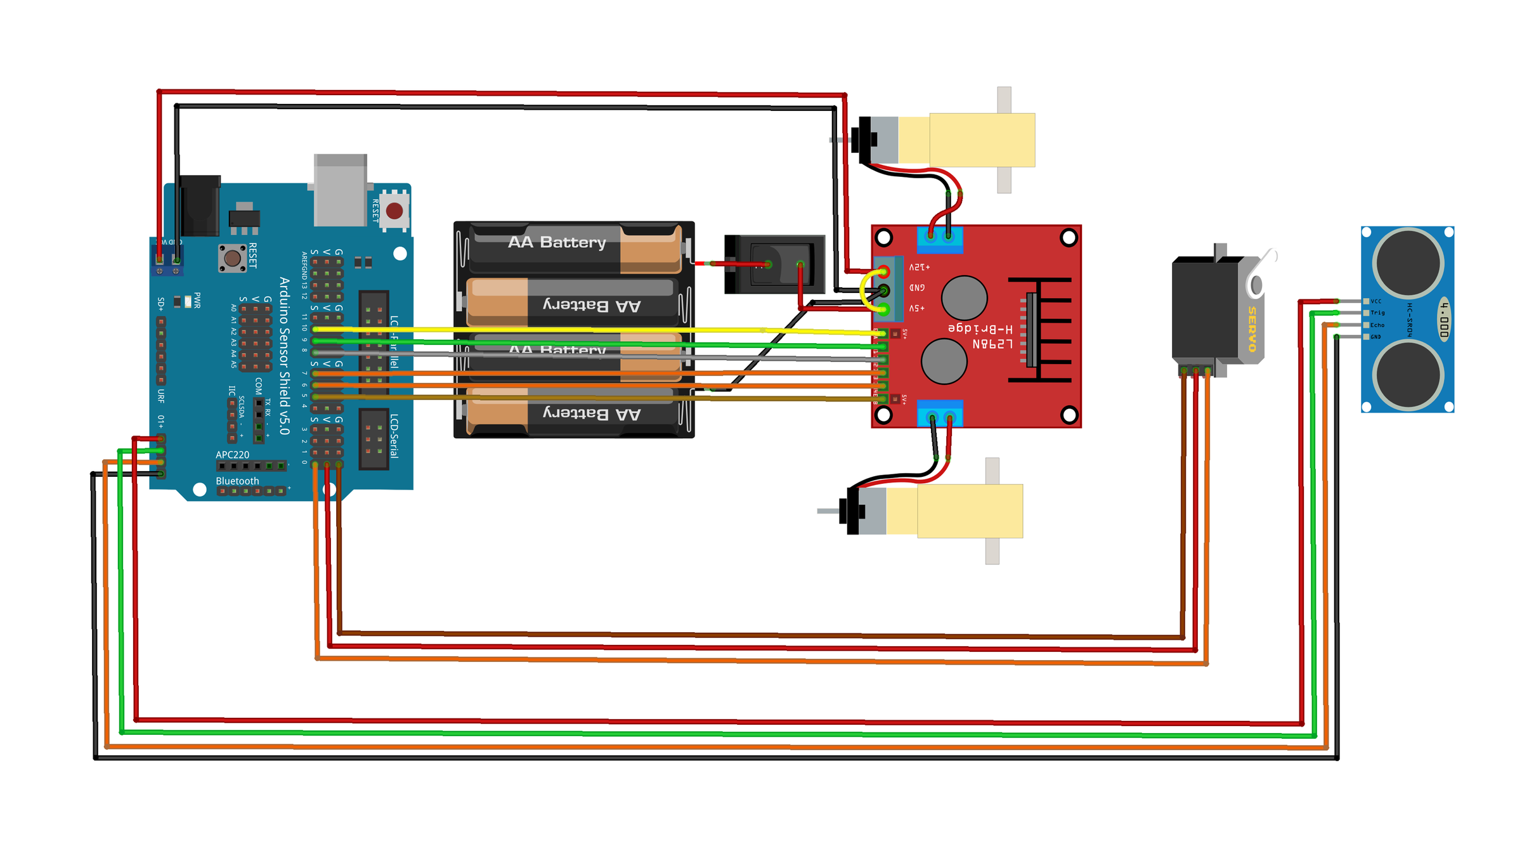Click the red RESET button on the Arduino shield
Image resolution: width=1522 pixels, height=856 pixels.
[x=394, y=211]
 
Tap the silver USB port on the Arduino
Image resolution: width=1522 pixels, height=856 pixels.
[x=341, y=190]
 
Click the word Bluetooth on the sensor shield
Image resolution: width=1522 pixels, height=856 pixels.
[x=237, y=481]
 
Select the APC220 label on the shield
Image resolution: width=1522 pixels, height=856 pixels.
[x=232, y=455]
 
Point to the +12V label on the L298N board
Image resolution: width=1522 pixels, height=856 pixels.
[x=919, y=268]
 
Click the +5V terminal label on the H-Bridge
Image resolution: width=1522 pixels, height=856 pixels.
[x=917, y=308]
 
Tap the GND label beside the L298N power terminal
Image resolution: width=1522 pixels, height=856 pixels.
[x=917, y=288]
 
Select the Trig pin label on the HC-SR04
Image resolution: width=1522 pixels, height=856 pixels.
[x=1378, y=313]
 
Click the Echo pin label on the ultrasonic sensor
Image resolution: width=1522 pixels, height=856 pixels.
[x=1377, y=325]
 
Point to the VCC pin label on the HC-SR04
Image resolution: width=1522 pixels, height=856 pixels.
[x=1376, y=301]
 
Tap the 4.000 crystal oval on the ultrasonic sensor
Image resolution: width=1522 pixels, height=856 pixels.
[x=1444, y=319]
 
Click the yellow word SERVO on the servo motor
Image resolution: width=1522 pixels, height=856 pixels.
[x=1252, y=329]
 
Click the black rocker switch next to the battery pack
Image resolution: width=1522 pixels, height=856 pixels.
[x=775, y=264]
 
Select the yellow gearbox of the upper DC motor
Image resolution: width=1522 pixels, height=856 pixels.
[x=982, y=140]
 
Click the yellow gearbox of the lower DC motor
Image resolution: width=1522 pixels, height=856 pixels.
[x=970, y=511]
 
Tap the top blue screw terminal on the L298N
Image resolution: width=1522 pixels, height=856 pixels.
[x=940, y=238]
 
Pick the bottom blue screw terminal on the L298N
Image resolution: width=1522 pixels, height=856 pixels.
[x=940, y=413]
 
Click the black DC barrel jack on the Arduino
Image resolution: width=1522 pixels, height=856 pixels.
[x=200, y=206]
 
